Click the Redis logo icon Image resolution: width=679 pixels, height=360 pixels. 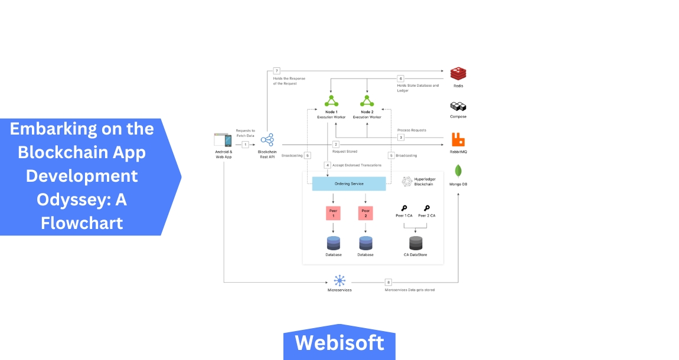pyautogui.click(x=458, y=74)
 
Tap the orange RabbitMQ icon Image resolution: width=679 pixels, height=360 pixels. pyautogui.click(x=458, y=140)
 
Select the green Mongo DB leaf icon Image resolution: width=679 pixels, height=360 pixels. pyautogui.click(x=458, y=171)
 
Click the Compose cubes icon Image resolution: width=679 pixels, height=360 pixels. pyautogui.click(x=458, y=107)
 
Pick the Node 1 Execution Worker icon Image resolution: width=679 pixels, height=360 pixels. pyautogui.click(x=331, y=100)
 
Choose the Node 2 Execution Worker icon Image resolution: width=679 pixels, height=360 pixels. pyautogui.click(x=367, y=100)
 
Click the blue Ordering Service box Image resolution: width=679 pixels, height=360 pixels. pyautogui.click(x=349, y=184)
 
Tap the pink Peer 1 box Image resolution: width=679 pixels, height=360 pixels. pyautogui.click(x=333, y=213)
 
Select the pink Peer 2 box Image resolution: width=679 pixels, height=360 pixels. pyautogui.click(x=365, y=213)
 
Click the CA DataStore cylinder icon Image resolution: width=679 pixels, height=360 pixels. pyautogui.click(x=416, y=243)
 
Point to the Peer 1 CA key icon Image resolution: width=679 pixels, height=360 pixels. pyautogui.click(x=404, y=208)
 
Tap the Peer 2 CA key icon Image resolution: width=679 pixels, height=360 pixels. pyautogui.click(x=426, y=208)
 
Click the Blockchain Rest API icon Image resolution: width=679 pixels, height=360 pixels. pyautogui.click(x=267, y=140)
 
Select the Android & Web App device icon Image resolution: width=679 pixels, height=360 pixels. pyautogui.click(x=223, y=140)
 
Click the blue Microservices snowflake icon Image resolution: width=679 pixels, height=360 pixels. pyautogui.click(x=339, y=281)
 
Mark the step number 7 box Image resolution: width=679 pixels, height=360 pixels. pyautogui.click(x=276, y=71)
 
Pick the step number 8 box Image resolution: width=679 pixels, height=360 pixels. pyautogui.click(x=388, y=282)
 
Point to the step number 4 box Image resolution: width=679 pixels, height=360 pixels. pyautogui.click(x=327, y=165)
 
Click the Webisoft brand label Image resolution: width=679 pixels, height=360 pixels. pyautogui.click(x=339, y=342)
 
